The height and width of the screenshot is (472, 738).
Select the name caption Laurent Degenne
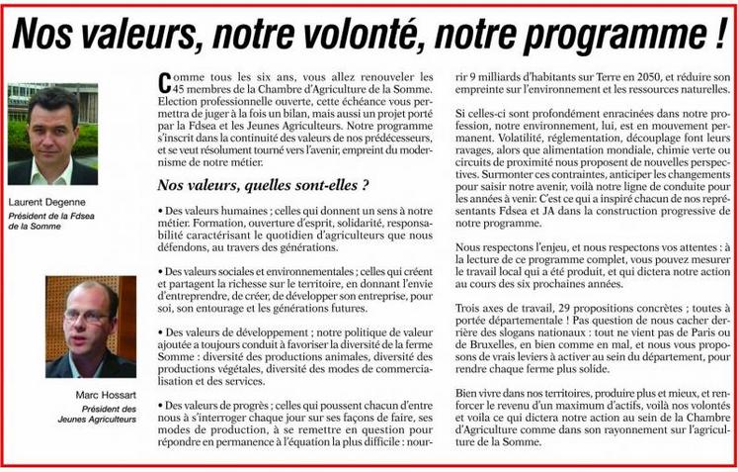(x=45, y=201)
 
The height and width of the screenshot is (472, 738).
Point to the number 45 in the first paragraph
(x=172, y=88)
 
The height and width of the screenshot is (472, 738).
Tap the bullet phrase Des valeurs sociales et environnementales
(x=259, y=271)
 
